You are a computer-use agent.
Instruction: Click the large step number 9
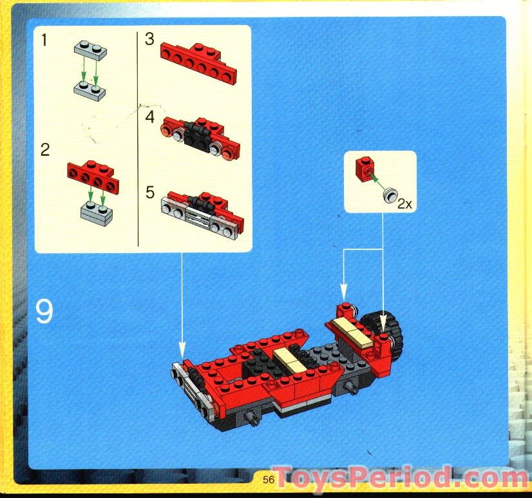pyautogui.click(x=44, y=312)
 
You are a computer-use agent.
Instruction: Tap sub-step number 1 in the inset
pyautogui.click(x=44, y=41)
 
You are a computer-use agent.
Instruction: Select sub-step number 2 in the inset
pyautogui.click(x=44, y=150)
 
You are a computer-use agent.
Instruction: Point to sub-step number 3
pyautogui.click(x=150, y=40)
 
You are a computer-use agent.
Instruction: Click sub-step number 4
pyautogui.click(x=150, y=117)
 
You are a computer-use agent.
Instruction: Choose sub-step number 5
pyautogui.click(x=150, y=192)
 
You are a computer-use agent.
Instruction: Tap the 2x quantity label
pyautogui.click(x=404, y=204)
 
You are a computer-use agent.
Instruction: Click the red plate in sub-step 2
pyautogui.click(x=91, y=177)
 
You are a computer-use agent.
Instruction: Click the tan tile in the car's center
pyautogui.click(x=289, y=361)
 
